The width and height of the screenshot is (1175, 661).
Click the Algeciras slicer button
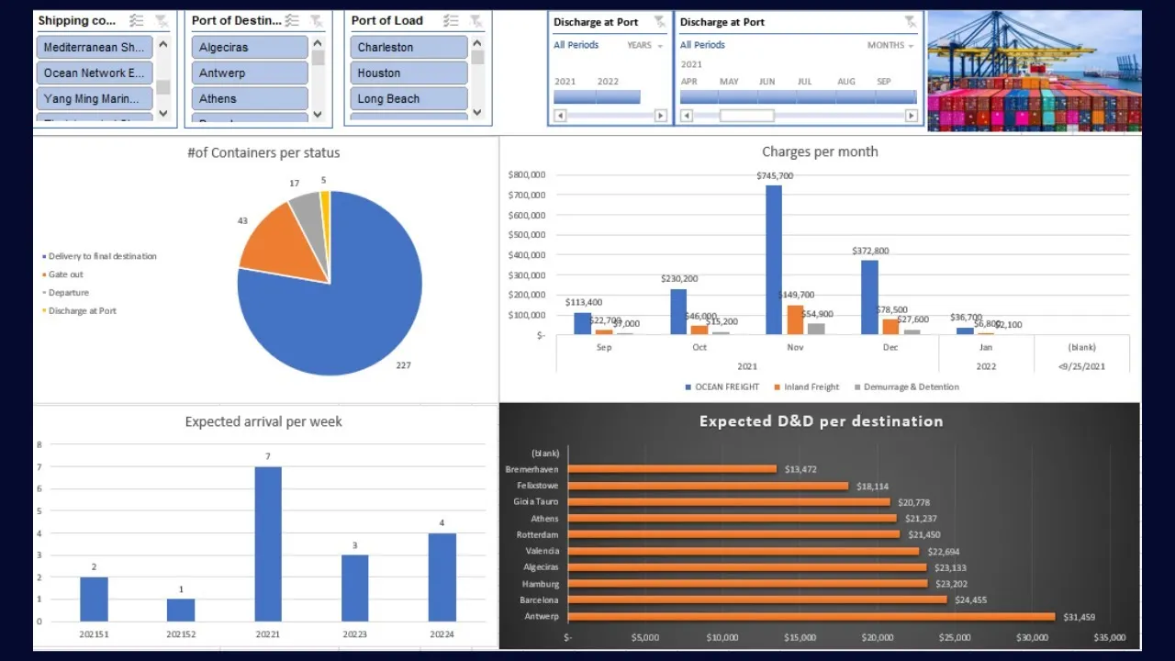(249, 47)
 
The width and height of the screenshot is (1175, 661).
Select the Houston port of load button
(408, 73)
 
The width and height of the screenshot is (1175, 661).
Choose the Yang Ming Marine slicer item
(95, 98)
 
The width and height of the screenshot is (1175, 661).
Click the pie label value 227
(403, 365)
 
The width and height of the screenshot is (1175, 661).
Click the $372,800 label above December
(869, 251)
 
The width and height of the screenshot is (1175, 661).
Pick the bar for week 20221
(268, 543)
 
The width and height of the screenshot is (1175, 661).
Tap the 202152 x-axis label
(181, 634)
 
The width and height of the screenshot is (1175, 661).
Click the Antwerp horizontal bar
(812, 617)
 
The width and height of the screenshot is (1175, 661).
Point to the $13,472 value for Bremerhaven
(800, 469)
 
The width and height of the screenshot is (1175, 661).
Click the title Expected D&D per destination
(821, 421)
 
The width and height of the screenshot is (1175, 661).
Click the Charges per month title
(820, 151)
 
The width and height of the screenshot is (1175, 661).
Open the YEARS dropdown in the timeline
(644, 45)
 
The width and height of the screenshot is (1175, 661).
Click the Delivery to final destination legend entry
(102, 256)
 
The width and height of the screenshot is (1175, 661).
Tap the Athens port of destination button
(249, 98)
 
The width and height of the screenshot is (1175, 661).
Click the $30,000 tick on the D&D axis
(1032, 637)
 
